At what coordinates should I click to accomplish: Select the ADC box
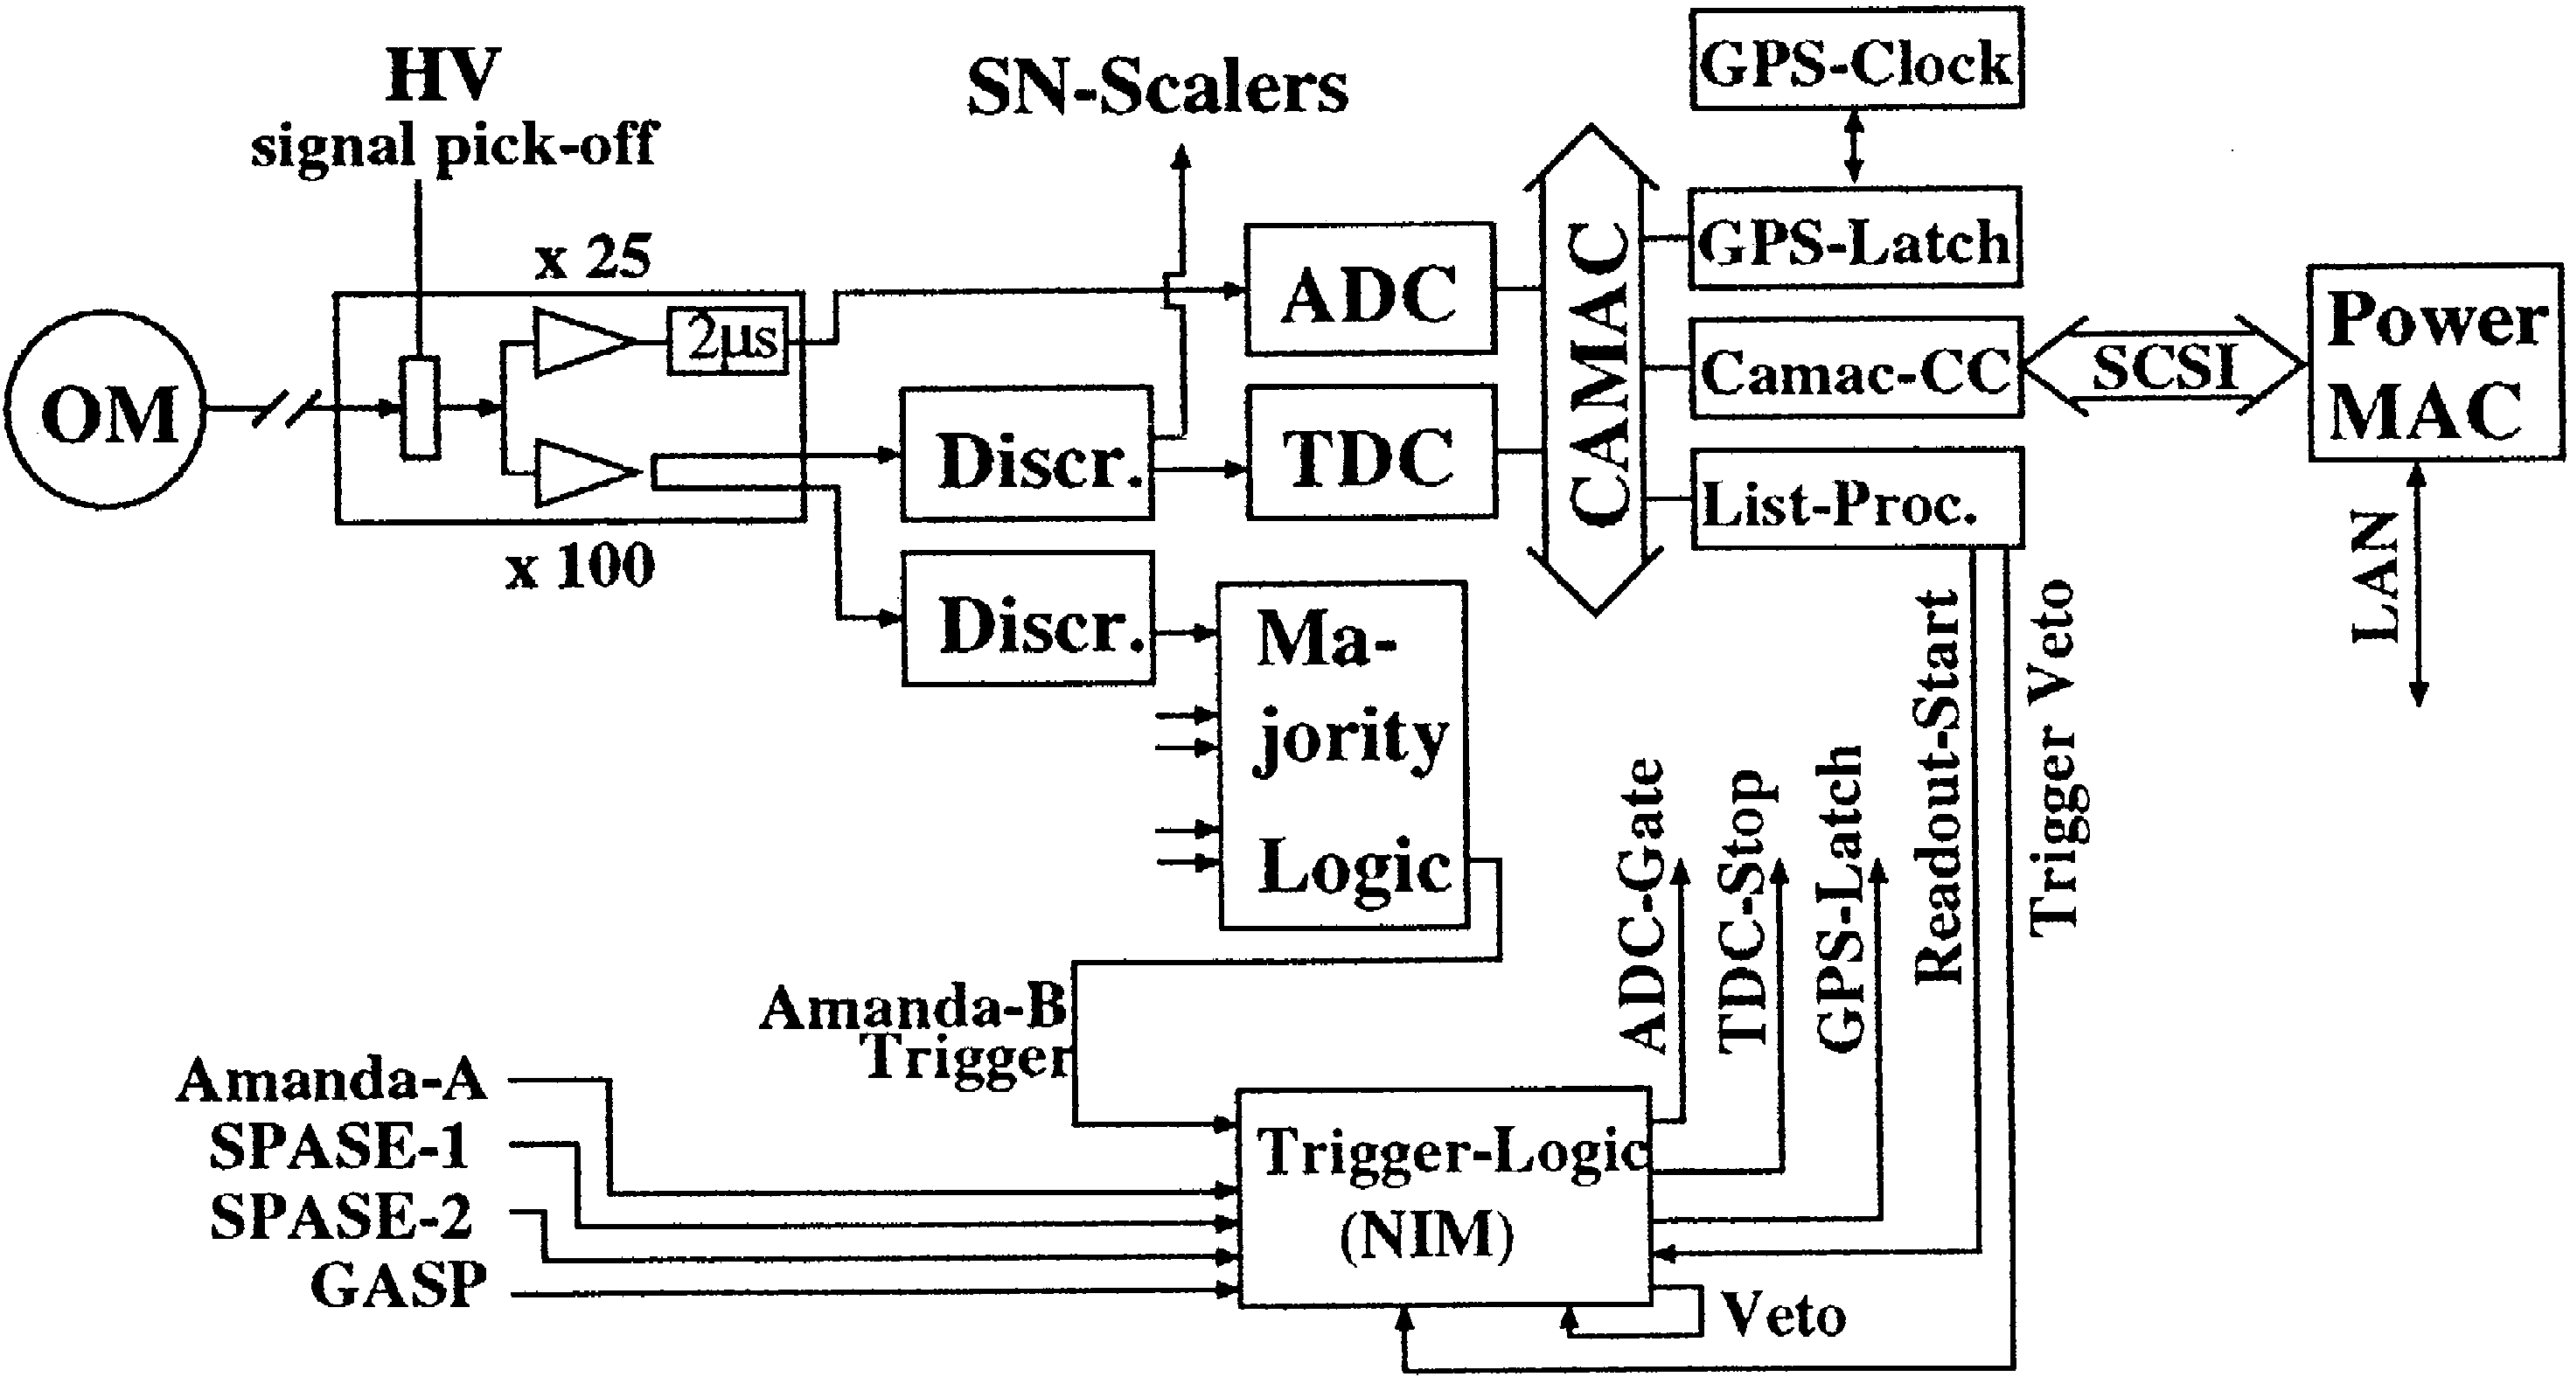[1369, 289]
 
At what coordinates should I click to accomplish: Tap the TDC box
[1369, 454]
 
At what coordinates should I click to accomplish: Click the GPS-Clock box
[1856, 59]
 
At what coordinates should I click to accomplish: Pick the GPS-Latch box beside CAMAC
[1856, 240]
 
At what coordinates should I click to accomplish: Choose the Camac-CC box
[1856, 369]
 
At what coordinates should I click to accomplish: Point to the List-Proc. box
[1856, 499]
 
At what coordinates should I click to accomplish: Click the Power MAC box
[2434, 365]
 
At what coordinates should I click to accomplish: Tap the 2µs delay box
[728, 341]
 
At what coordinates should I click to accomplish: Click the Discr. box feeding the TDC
[1027, 455]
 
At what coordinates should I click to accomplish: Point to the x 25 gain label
[594, 257]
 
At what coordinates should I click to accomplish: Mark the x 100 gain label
[581, 567]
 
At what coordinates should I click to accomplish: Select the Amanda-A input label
[331, 1081]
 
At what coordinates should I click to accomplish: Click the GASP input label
[399, 1285]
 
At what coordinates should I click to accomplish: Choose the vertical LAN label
[2374, 577]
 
